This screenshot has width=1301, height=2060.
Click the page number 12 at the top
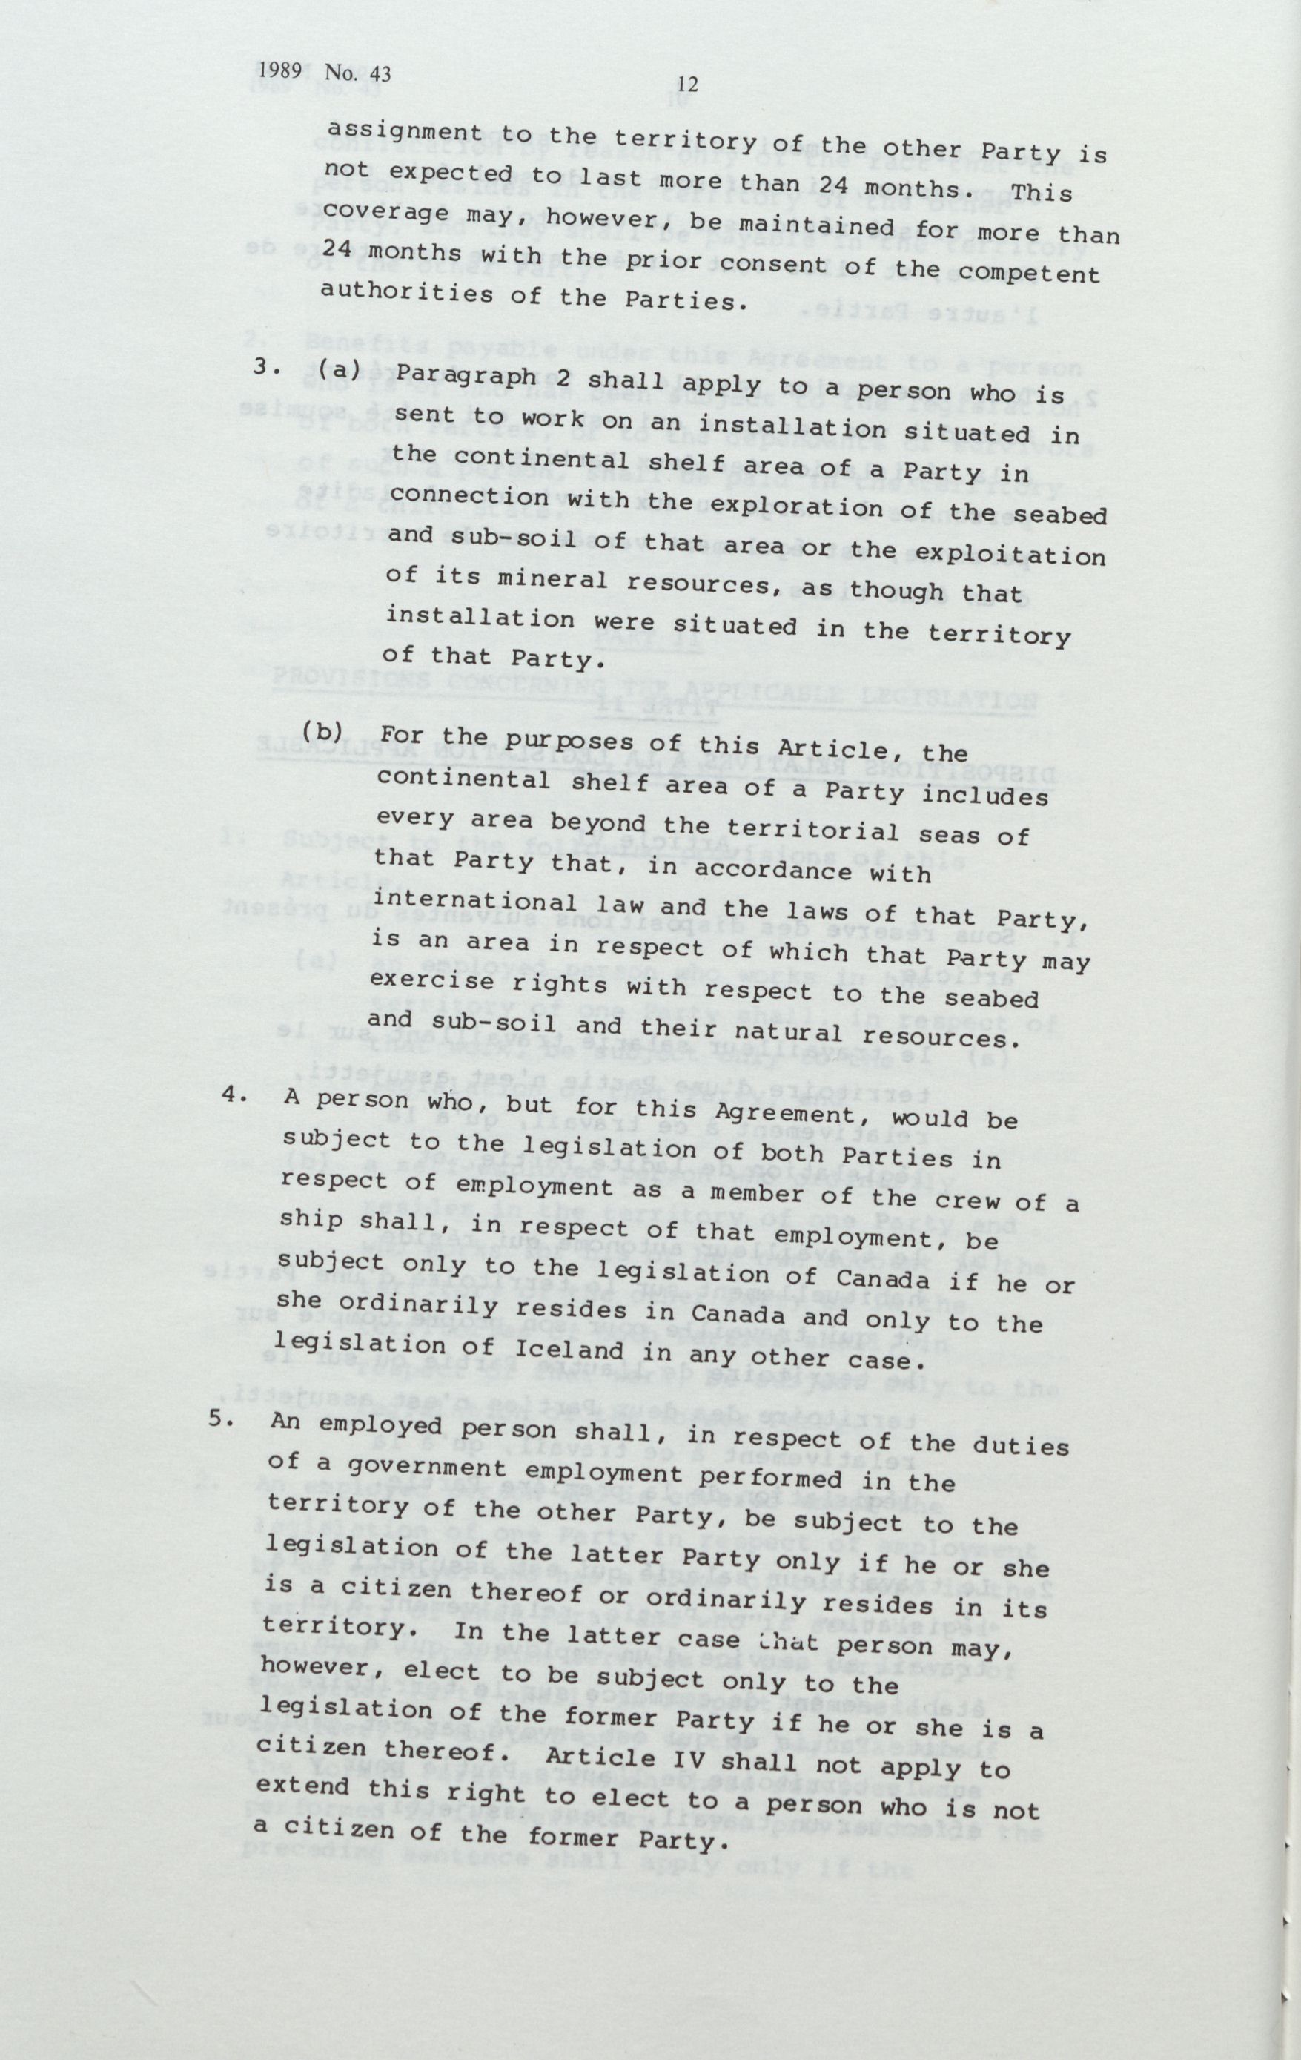point(688,84)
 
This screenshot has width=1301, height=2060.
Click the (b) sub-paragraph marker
point(322,733)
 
